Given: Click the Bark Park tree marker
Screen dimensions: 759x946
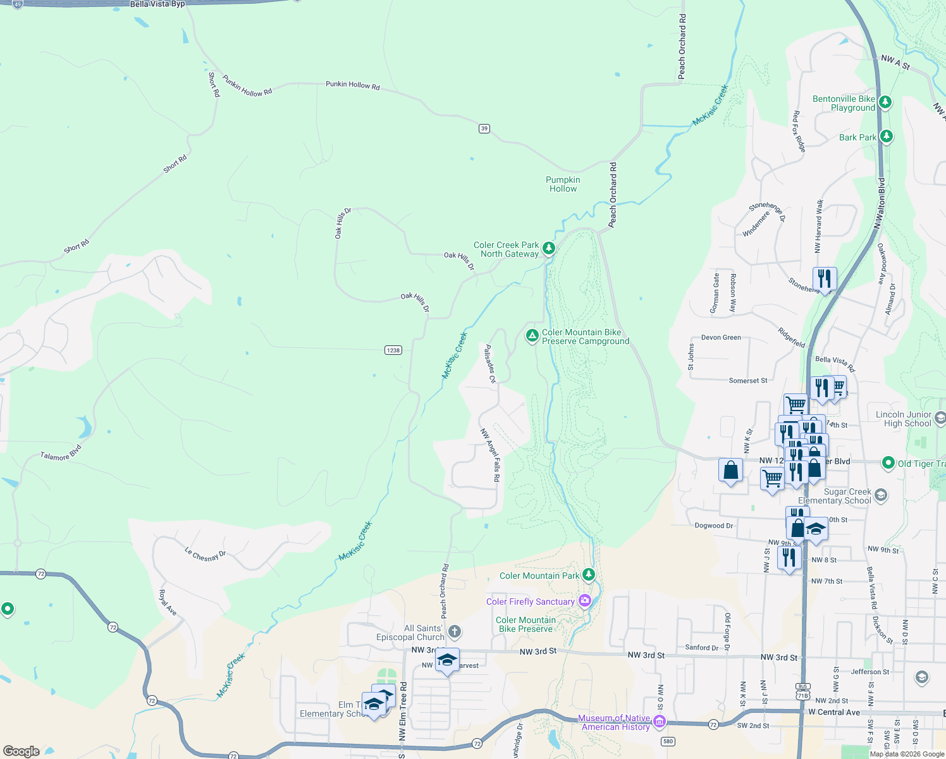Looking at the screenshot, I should (886, 136).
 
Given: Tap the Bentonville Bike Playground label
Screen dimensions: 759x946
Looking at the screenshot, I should (844, 104).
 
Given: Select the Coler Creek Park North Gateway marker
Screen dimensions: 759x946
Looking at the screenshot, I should (549, 248).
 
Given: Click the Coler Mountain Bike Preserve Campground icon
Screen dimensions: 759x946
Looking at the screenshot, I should (532, 335).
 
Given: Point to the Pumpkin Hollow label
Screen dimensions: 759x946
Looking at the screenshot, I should (563, 184).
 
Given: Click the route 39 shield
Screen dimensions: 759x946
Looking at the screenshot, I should (484, 128).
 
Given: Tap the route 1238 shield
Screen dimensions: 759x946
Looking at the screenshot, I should (393, 350).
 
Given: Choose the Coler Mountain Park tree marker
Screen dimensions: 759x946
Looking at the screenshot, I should (589, 574).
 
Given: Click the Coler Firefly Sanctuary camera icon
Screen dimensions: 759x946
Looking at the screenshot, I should (585, 600).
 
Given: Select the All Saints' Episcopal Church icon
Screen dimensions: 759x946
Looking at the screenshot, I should (454, 631).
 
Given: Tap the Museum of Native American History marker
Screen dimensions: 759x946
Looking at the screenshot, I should (660, 721).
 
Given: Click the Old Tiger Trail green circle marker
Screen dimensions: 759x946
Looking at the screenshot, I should (888, 463).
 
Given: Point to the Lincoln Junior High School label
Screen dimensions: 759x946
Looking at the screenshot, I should (904, 419).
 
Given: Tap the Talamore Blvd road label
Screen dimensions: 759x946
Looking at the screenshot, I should (61, 453).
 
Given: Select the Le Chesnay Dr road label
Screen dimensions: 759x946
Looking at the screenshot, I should (205, 555).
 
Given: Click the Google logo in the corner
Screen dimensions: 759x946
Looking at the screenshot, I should (21, 751).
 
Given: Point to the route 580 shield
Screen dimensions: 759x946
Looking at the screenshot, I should (668, 741).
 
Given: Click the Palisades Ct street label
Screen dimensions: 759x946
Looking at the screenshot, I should (490, 364).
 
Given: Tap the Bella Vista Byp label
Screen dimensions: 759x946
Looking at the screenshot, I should (157, 4).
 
